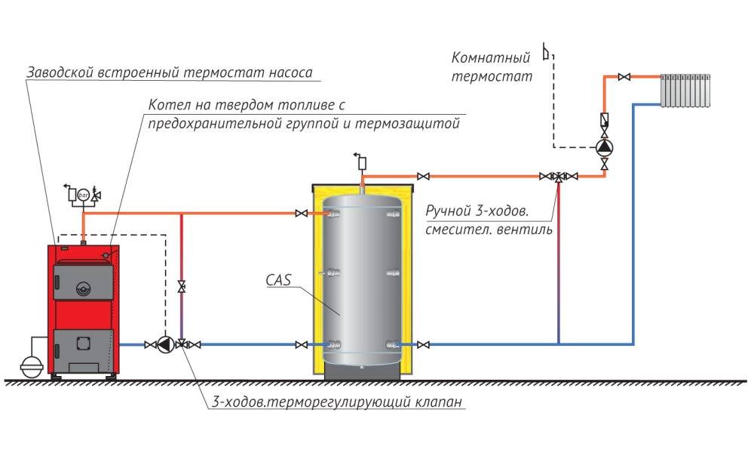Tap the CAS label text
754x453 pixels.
coord(278,280)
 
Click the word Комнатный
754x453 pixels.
coord(491,57)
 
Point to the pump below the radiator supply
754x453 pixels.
coord(604,148)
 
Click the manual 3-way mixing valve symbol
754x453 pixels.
coord(558,177)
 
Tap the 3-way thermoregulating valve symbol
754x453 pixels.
coord(182,345)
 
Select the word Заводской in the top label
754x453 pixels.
coord(60,74)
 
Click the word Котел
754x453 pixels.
coord(167,103)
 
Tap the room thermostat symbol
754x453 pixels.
coord(548,56)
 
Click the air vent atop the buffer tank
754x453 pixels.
coord(361,162)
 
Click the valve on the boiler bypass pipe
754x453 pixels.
coord(182,286)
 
